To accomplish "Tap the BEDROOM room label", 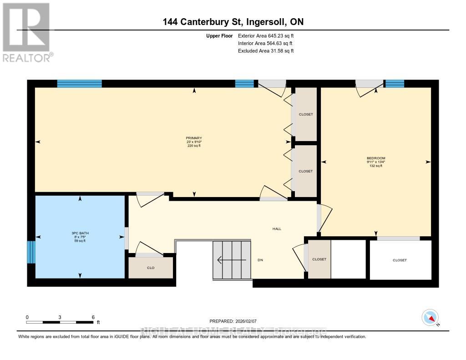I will pyautogui.click(x=376, y=158).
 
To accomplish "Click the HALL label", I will pyautogui.click(x=277, y=229).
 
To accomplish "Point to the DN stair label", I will pyautogui.click(x=260, y=260).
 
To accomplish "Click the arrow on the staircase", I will pyautogui.click(x=232, y=260).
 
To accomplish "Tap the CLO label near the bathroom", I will pyautogui.click(x=151, y=268).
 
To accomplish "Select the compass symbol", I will pyautogui.click(x=430, y=317).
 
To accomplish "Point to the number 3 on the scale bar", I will pyautogui.click(x=60, y=317).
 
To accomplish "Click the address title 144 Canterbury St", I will pyautogui.click(x=233, y=22).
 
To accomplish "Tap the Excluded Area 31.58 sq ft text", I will pyautogui.click(x=266, y=51).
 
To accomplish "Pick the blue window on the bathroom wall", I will pyautogui.click(x=31, y=252).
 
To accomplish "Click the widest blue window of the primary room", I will pyautogui.click(x=79, y=83).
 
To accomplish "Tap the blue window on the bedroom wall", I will pyautogui.click(x=395, y=83).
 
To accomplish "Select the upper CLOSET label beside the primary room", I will pyautogui.click(x=306, y=114).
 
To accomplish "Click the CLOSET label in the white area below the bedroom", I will pyautogui.click(x=400, y=260).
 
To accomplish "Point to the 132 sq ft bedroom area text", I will pyautogui.click(x=376, y=166).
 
